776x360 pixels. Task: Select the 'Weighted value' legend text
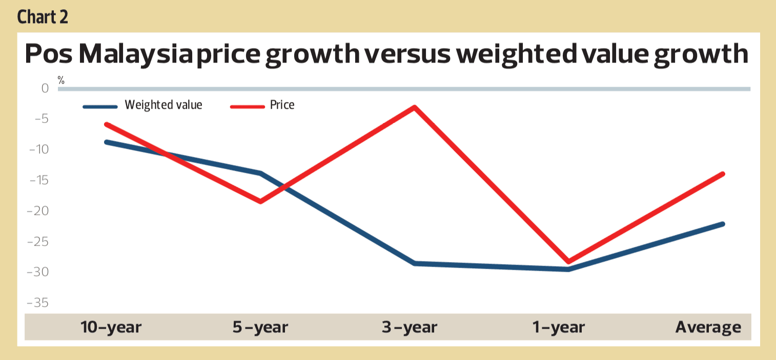tap(164, 105)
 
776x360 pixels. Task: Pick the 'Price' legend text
tap(282, 105)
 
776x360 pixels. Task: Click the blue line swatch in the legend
tap(100, 107)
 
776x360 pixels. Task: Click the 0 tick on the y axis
tap(45, 89)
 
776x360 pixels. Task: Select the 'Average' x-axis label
tap(708, 327)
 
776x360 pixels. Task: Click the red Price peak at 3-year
tap(415, 107)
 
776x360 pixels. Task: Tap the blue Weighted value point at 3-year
tap(415, 263)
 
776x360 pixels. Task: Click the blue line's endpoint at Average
tap(723, 224)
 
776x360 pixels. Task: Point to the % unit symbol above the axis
tap(61, 80)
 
